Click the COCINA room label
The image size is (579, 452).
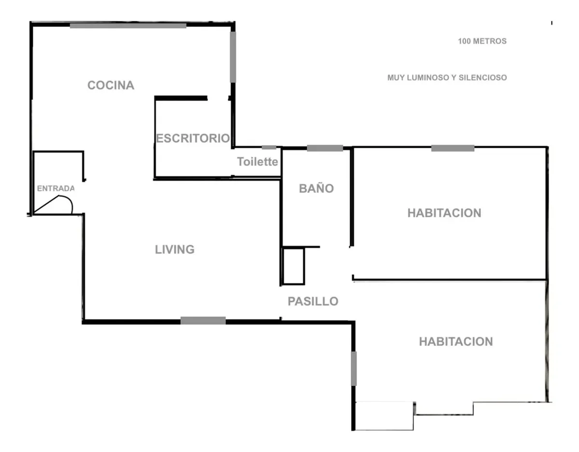tap(111, 85)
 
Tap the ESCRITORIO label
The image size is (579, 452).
tap(193, 139)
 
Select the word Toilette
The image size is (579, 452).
tap(257, 162)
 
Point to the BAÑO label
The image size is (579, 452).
tap(316, 188)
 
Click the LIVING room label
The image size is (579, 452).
tap(175, 250)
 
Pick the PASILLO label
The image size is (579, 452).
tap(313, 301)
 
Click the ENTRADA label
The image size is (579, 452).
tap(55, 188)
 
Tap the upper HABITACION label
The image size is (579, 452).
tap(444, 213)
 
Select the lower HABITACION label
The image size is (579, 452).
tap(456, 341)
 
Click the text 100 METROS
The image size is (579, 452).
tap(482, 41)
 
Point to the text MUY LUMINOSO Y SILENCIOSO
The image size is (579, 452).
tap(447, 78)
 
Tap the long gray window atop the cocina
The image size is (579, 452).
tap(128, 26)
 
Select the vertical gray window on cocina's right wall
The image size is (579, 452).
tap(233, 57)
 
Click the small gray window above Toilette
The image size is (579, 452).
tap(269, 147)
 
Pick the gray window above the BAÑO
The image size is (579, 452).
tap(325, 148)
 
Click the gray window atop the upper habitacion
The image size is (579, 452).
tap(453, 148)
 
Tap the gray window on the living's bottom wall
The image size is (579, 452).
tap(203, 321)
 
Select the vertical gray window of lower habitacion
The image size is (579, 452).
tap(354, 368)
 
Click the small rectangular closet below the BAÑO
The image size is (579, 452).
tap(293, 266)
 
